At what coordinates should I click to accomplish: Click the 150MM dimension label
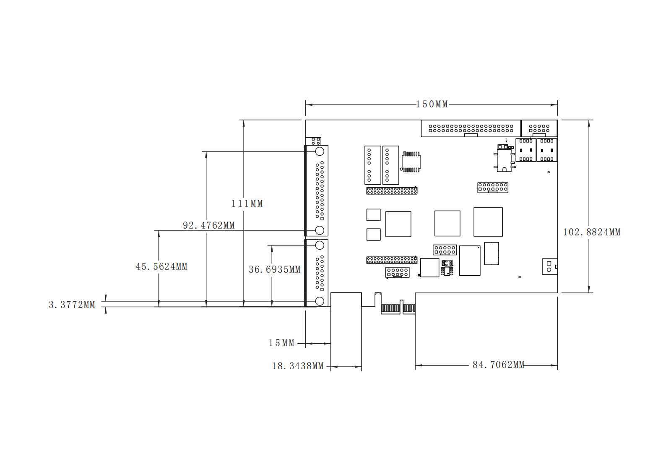pos(432,104)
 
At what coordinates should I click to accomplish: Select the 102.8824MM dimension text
pos(592,232)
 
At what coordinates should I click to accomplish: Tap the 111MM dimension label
pos(247,204)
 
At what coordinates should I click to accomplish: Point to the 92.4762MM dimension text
pos(209,225)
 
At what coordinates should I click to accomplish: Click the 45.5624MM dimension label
pos(161,266)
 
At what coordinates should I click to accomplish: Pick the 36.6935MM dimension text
pos(275,269)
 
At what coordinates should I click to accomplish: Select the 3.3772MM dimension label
pos(72,305)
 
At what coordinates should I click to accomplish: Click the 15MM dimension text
pos(281,343)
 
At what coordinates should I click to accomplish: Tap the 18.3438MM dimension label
pos(298,366)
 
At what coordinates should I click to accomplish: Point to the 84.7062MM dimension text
pos(499,365)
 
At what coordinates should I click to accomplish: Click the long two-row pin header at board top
pos(471,128)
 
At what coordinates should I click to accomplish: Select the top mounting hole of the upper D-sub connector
pos(320,151)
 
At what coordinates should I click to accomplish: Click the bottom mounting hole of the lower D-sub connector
pos(320,301)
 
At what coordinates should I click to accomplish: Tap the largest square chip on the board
pos(488,222)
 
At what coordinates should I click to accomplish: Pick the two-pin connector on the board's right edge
pos(549,266)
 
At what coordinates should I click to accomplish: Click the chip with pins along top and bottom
pos(411,162)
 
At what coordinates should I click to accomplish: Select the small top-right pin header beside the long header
pos(539,128)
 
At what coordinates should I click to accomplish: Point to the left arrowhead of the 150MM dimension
pos(309,105)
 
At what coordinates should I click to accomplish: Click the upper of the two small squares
pos(374,215)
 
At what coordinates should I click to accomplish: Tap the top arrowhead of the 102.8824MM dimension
pos(589,123)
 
